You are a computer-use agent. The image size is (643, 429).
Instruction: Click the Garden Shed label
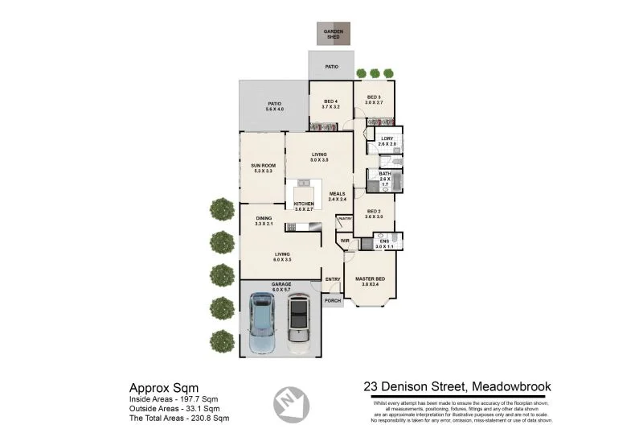pyautogui.click(x=332, y=34)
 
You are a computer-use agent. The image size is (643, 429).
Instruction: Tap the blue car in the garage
pyautogui.click(x=263, y=324)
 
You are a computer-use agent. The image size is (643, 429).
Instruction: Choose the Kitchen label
pyautogui.click(x=304, y=204)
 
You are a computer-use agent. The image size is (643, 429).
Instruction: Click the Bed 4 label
pyautogui.click(x=330, y=101)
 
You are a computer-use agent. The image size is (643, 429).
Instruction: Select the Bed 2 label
pyautogui.click(x=374, y=212)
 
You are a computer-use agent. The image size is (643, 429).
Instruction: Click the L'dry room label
pyautogui.click(x=387, y=140)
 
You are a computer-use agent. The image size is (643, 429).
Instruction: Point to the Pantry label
pyautogui.click(x=345, y=219)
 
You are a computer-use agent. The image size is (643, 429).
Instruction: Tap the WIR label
pyautogui.click(x=344, y=241)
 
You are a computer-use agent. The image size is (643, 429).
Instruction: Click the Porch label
pyautogui.click(x=333, y=301)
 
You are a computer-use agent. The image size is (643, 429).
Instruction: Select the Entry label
pyautogui.click(x=333, y=279)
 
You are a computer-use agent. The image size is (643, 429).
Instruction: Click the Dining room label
pyautogui.click(x=264, y=219)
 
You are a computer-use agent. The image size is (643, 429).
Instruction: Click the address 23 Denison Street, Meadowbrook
pyautogui.click(x=457, y=386)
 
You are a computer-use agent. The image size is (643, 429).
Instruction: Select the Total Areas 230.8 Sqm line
pyautogui.click(x=179, y=419)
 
